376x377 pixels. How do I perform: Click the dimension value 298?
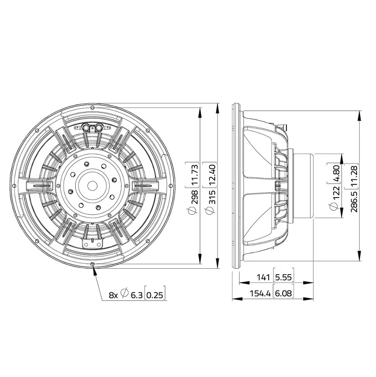point(194,197)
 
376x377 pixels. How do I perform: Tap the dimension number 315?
point(212,197)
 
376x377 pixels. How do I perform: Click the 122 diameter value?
point(336,193)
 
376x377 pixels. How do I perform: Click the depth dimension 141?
point(263,277)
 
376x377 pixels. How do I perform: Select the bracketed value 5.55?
point(284,277)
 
